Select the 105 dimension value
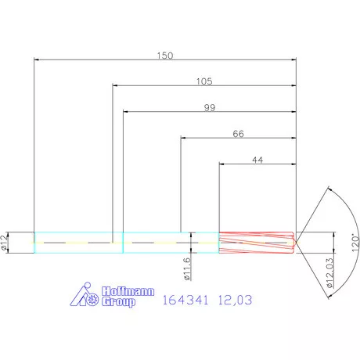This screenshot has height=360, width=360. pos(205,81)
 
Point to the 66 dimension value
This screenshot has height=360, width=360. pos(239,134)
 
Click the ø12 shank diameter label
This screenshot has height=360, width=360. pos(5,243)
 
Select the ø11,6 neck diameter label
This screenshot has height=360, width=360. pos(186,268)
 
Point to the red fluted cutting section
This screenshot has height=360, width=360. pos(254,243)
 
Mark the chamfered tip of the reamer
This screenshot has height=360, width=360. pos(293,243)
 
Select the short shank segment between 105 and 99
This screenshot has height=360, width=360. pos(118,243)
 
